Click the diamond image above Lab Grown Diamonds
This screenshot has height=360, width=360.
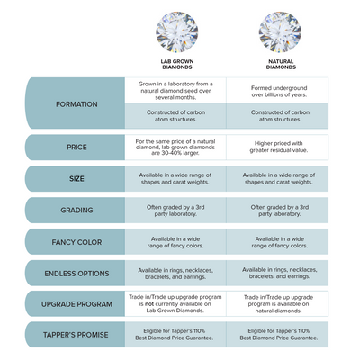point(177,31)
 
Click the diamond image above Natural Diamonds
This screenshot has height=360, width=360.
point(280,31)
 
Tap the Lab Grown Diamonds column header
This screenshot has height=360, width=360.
point(177,64)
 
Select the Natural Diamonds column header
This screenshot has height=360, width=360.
point(281,64)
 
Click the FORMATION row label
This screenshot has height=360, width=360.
point(76,104)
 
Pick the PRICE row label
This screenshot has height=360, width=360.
point(76,148)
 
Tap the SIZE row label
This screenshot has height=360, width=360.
point(76,179)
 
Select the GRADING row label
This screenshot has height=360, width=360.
point(76,210)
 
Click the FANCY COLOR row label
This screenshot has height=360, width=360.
point(76,242)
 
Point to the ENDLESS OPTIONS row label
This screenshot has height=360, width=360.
point(76,274)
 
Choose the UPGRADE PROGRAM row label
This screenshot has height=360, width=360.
point(76,304)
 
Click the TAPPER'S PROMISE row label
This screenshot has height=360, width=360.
point(76,335)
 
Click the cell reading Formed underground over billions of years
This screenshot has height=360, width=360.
point(277,91)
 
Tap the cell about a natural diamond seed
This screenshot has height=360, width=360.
point(175,91)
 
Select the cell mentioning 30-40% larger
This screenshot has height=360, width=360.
point(175,147)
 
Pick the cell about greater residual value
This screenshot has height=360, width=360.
point(277,147)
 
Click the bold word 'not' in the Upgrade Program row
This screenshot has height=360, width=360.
point(149,304)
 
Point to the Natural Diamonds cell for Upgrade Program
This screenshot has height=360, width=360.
point(277,303)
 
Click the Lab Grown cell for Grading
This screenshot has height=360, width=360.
point(175,211)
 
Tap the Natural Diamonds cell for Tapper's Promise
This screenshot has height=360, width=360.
point(277,335)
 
